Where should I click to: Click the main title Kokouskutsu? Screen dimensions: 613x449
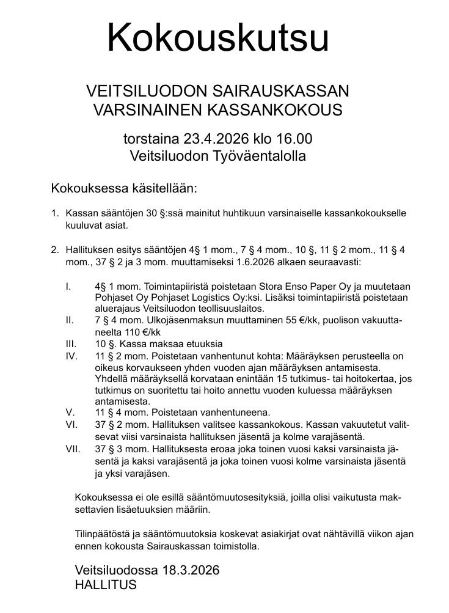[x=218, y=38]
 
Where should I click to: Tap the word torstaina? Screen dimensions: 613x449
[x=151, y=138]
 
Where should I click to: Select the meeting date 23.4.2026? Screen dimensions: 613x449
[x=211, y=138]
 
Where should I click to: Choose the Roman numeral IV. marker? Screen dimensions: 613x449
[x=71, y=355]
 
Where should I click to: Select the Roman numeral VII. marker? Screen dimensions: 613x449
[x=73, y=449]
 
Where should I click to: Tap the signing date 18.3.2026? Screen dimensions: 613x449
[x=191, y=570]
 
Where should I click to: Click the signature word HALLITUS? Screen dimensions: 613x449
[x=106, y=585]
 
